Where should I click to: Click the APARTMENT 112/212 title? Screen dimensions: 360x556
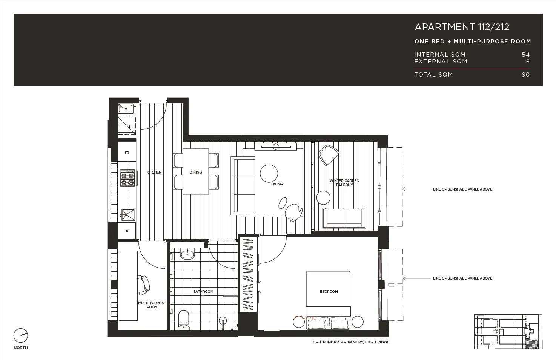462,27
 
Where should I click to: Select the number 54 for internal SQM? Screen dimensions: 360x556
525,55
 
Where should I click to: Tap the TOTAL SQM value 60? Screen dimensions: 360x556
525,75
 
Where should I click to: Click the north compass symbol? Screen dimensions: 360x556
21,335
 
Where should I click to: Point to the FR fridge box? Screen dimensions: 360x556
127,153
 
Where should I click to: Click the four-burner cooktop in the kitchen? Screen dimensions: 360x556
127,178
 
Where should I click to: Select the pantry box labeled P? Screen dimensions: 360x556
127,231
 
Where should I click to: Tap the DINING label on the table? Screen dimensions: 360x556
195,172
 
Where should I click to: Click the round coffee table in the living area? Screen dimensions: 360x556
269,174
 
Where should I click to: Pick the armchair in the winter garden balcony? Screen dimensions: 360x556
328,154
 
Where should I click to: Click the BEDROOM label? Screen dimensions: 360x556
329,292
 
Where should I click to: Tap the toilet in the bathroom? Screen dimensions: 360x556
184,319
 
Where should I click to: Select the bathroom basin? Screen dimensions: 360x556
187,254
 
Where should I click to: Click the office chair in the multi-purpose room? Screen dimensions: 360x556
144,285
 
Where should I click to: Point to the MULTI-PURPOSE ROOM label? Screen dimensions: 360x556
152,305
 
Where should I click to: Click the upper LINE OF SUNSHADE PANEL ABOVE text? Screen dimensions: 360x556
462,189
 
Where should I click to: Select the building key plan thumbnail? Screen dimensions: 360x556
508,331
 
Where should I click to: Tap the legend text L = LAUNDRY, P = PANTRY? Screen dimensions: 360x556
351,342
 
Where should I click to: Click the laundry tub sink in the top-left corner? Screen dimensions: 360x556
126,109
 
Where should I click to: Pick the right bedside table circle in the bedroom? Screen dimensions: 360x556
357,322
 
